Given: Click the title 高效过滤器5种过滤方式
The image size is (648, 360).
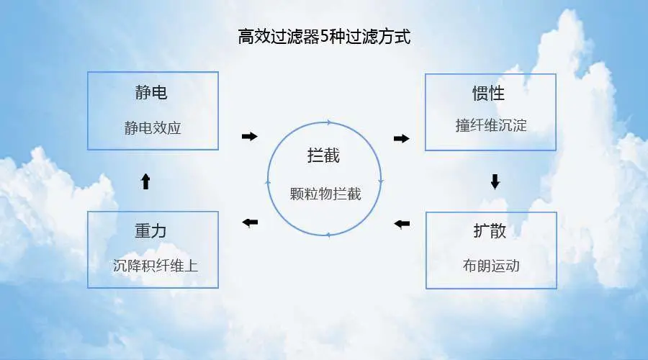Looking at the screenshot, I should [324, 37].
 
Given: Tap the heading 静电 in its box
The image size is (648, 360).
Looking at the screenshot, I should [151, 93].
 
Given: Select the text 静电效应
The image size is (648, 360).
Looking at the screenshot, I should [152, 128].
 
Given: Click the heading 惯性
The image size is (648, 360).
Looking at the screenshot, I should [489, 94].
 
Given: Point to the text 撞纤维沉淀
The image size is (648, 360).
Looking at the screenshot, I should [491, 125].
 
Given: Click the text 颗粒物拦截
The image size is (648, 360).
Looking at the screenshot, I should [325, 193].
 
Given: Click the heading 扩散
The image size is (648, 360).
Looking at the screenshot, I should [490, 232].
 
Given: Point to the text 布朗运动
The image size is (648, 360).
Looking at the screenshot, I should [491, 265].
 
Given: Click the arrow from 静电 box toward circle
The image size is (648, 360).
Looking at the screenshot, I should [249, 136].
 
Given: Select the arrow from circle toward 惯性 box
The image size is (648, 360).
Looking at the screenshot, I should [402, 138].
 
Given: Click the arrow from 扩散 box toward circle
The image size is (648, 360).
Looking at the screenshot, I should [402, 224].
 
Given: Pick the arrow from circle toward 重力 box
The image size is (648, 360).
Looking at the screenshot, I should [250, 222].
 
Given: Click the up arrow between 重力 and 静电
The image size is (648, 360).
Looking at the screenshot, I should [145, 181].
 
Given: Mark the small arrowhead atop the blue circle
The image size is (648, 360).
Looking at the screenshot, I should [329, 122].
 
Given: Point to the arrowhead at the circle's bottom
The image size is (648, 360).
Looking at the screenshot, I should [328, 235].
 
